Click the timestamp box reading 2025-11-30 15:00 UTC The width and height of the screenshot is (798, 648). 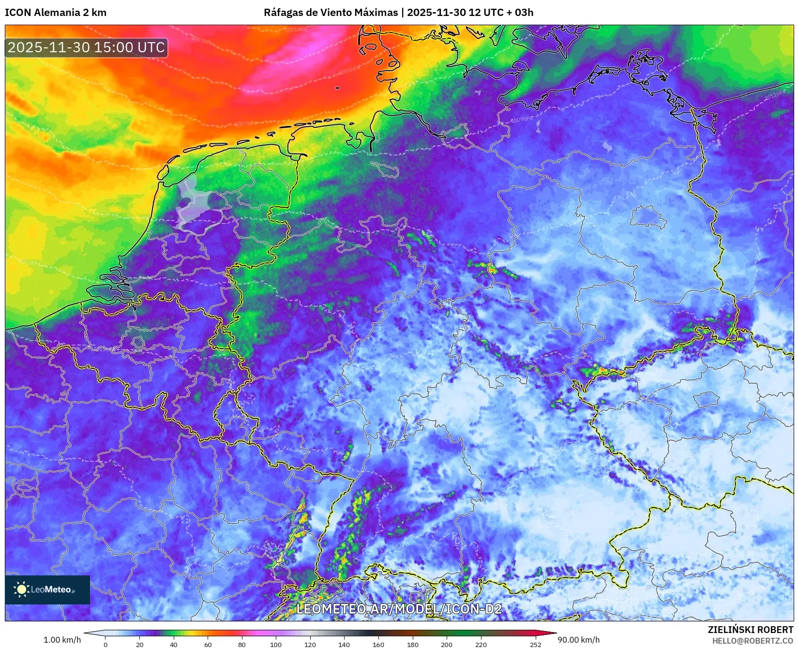(x=87, y=47)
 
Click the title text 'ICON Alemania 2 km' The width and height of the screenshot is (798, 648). (x=56, y=13)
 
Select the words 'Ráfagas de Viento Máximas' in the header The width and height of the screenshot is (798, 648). (x=331, y=13)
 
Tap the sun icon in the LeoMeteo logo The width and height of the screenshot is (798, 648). (x=21, y=589)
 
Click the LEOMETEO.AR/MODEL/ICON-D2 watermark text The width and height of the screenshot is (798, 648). (x=399, y=609)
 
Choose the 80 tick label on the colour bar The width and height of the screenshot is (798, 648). (x=241, y=644)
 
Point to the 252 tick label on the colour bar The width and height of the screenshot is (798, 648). (x=535, y=644)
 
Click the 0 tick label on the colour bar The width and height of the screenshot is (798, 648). (x=105, y=644)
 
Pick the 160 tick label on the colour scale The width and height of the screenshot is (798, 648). (x=378, y=644)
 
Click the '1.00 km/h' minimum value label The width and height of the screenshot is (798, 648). (x=62, y=640)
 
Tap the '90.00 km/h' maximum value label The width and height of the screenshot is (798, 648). (x=578, y=640)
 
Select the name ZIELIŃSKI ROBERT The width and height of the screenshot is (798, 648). (x=751, y=630)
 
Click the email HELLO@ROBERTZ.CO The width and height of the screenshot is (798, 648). (x=753, y=641)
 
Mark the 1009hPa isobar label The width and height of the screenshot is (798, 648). (x=522, y=120)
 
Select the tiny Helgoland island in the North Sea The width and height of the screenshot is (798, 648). (x=337, y=88)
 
